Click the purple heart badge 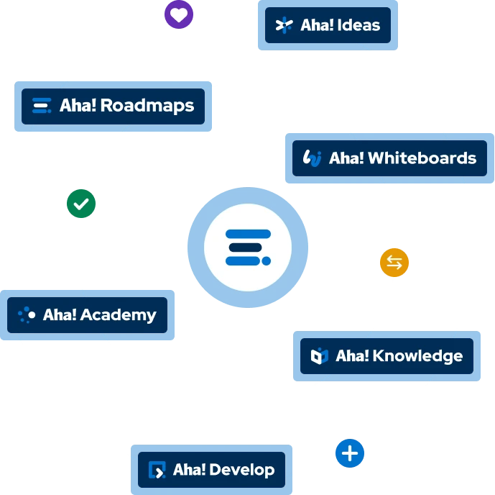[x=179, y=15]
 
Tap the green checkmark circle [x=81, y=204]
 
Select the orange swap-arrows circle [x=394, y=263]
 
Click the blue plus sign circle [x=350, y=454]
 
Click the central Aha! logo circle [x=248, y=247]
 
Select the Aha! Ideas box [x=328, y=26]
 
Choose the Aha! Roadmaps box [x=113, y=106]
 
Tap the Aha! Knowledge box [x=387, y=356]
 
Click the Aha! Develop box [x=211, y=471]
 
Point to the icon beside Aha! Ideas [x=284, y=26]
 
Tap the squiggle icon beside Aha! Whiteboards [x=313, y=158]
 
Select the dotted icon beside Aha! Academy [x=27, y=315]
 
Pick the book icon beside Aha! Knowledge [x=319, y=356]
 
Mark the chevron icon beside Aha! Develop [x=157, y=471]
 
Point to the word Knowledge [x=417, y=356]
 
